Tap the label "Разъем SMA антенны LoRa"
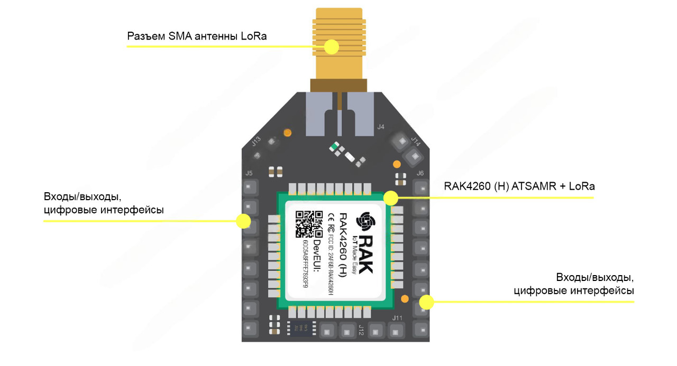click(197, 36)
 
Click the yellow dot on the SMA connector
click(332, 47)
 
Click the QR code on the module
click(309, 224)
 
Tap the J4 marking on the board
click(380, 127)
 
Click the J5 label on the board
click(249, 173)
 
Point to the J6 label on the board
click(420, 173)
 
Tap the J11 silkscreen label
click(398, 317)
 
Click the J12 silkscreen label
click(361, 330)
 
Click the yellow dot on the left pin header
click(243, 221)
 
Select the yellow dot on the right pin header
click(426, 302)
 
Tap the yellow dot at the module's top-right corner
click(390, 198)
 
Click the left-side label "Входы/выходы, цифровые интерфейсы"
click(104, 203)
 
